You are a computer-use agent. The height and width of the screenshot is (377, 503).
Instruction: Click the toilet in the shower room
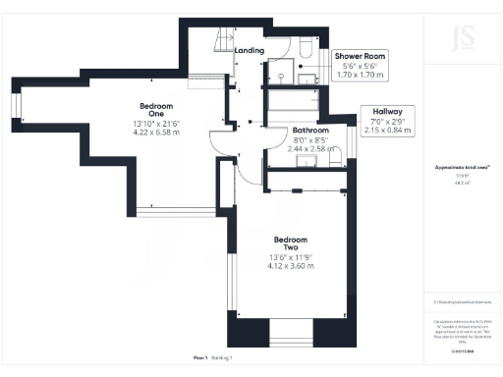[x=306, y=48]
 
